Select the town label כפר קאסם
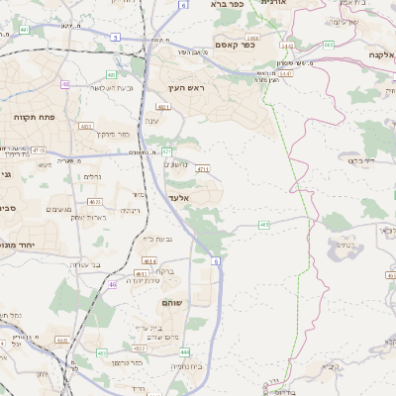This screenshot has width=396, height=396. [x=235, y=45]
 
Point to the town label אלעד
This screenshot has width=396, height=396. [x=178, y=198]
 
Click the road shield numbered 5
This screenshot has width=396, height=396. [x=115, y=37]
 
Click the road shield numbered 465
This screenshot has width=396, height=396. [x=263, y=226]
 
